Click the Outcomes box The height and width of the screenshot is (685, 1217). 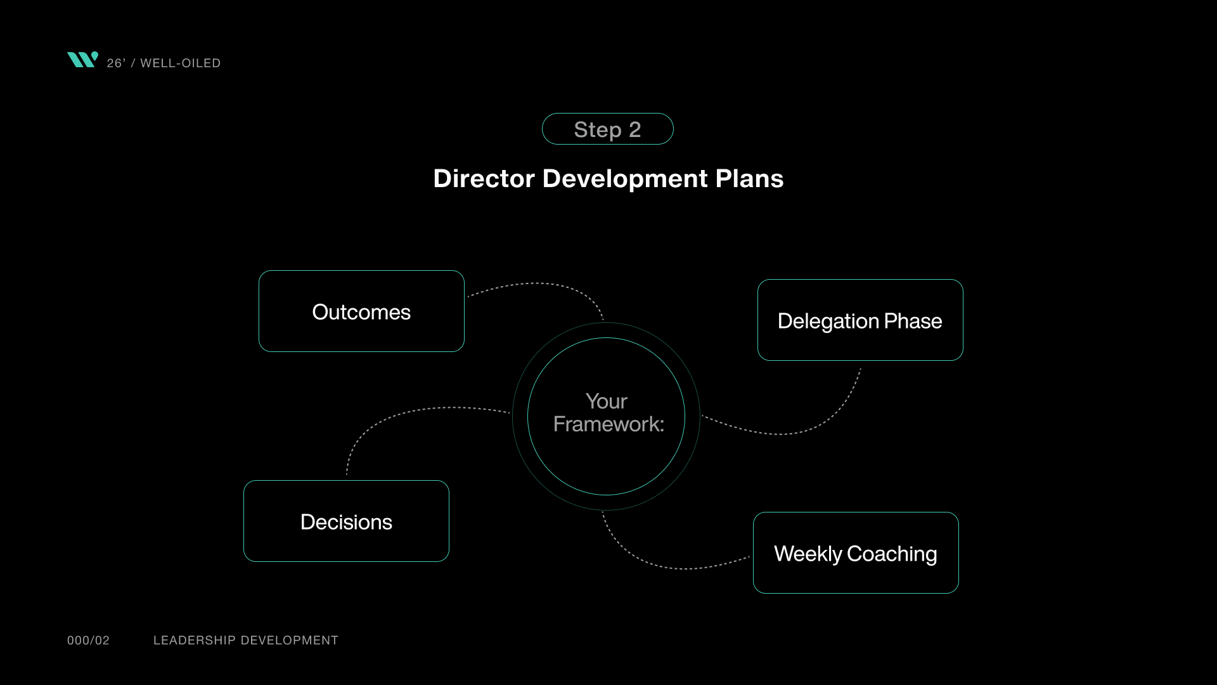point(361,311)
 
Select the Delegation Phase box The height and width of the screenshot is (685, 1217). point(860,320)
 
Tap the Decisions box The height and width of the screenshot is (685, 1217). point(346,521)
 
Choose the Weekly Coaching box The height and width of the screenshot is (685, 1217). point(856,553)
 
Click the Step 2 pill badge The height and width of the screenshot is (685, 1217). point(607,129)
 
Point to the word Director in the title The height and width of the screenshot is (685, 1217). point(484,179)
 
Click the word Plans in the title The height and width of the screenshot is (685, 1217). point(749,179)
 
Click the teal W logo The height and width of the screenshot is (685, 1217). point(82,60)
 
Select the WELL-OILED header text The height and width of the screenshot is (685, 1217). point(180,63)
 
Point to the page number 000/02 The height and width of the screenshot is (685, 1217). point(88,641)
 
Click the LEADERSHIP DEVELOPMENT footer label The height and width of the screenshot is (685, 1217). point(246,641)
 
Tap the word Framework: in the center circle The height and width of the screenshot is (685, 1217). point(608,424)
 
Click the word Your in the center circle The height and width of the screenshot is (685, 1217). point(606,401)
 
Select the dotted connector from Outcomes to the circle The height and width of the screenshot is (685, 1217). point(536,284)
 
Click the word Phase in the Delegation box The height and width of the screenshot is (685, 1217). point(913,321)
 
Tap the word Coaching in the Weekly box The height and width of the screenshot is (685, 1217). point(892,554)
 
